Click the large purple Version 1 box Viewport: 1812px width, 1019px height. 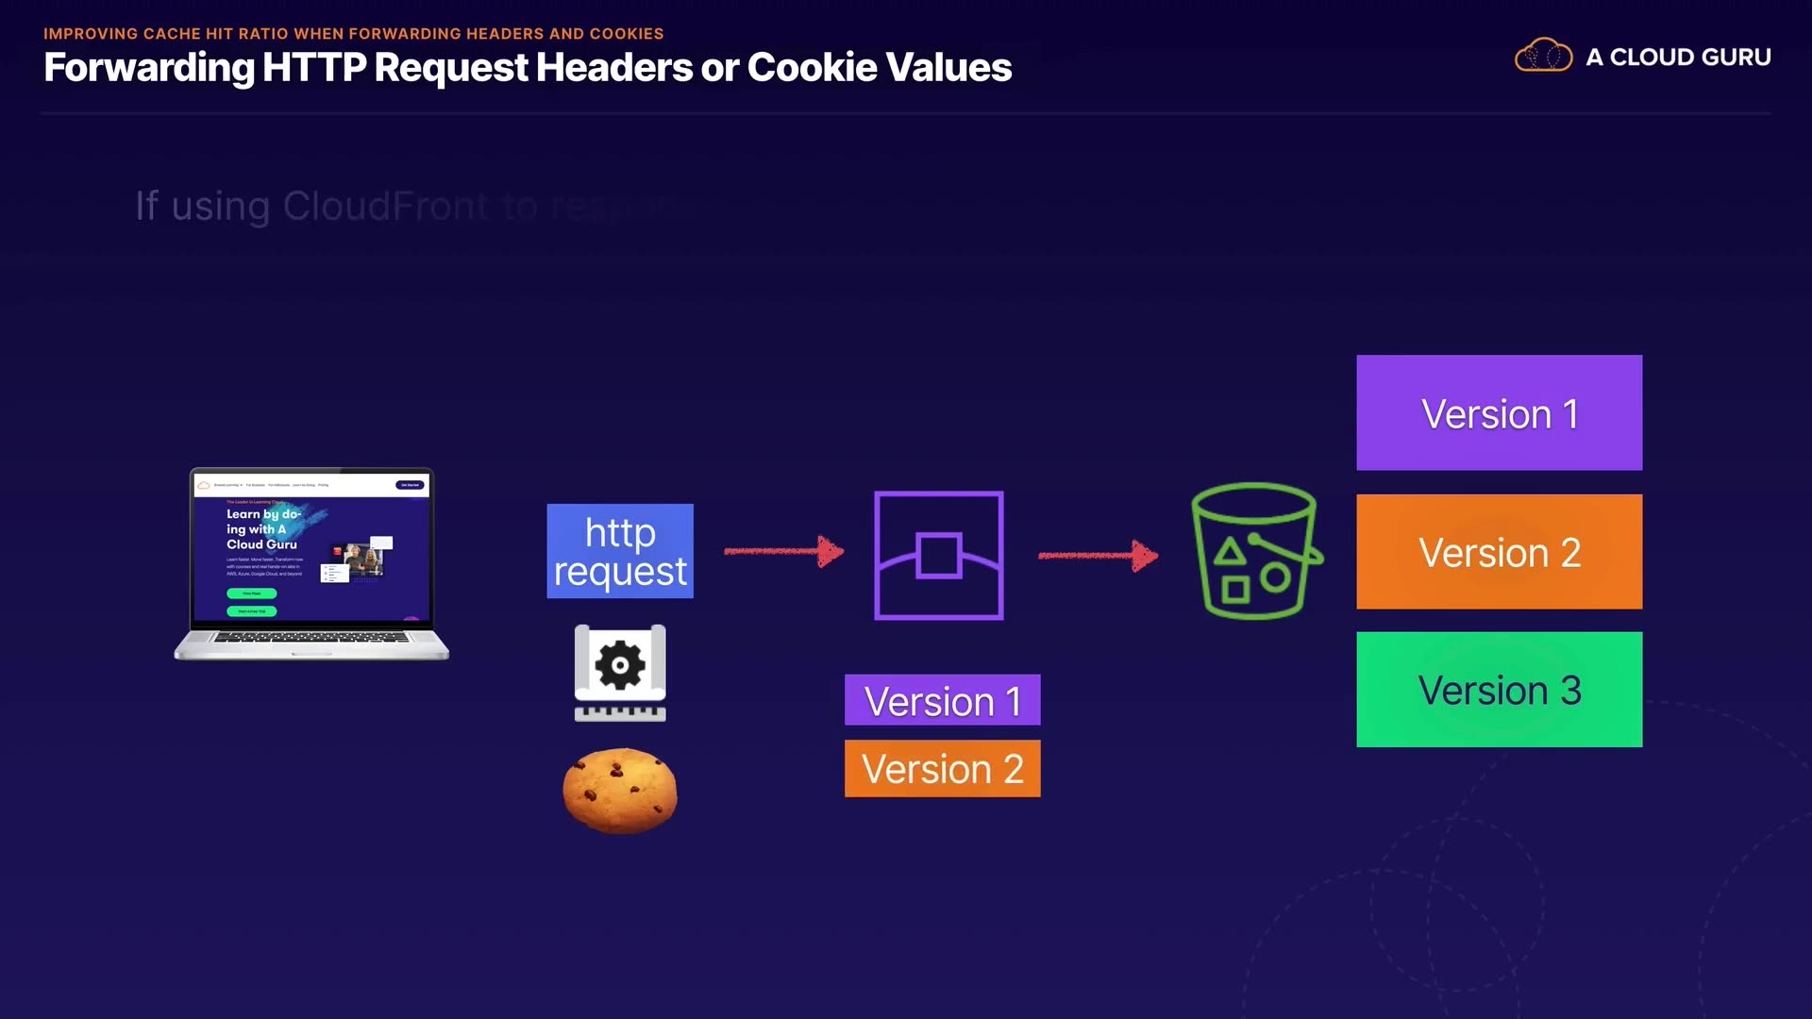coord(1499,412)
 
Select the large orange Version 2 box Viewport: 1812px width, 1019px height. coord(1499,552)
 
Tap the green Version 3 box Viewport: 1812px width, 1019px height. coord(1499,690)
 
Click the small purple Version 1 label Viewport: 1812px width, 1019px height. coord(942,700)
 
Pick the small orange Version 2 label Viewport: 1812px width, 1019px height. coord(942,769)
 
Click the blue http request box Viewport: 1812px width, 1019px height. coord(620,551)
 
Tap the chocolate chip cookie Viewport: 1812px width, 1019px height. coord(620,791)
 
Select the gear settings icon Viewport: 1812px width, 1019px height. coord(620,666)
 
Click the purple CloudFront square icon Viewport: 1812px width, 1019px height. coord(938,555)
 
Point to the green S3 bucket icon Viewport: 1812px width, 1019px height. coord(1255,551)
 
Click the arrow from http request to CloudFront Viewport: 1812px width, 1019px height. coord(783,551)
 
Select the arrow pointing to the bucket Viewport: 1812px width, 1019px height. coord(1098,555)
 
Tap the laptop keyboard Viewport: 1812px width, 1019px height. coord(311,638)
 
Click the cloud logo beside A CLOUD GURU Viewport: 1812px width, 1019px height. coord(1543,56)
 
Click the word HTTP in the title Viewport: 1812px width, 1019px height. coord(313,67)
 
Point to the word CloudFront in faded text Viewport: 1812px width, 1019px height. coord(385,206)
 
